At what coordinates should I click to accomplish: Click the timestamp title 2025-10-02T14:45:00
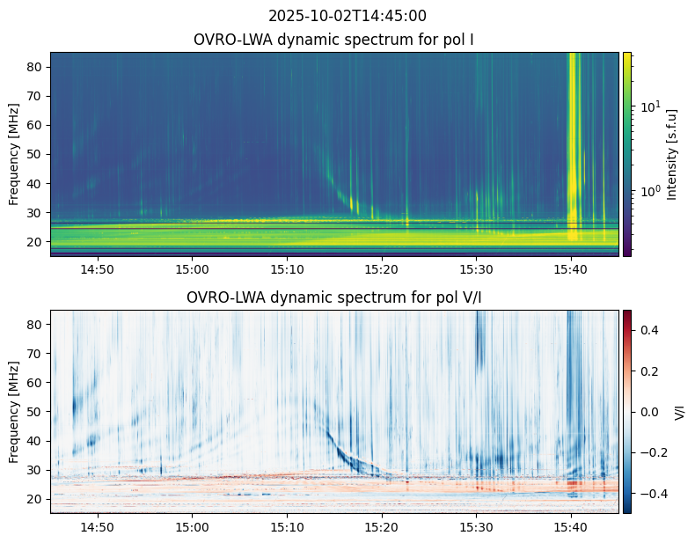(347, 16)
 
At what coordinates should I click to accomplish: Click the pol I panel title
(333, 40)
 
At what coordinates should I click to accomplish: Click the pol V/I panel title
(333, 297)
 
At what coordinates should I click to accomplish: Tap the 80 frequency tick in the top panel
(35, 67)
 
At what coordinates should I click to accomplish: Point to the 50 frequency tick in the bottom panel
(35, 412)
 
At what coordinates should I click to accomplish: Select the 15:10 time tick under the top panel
(287, 269)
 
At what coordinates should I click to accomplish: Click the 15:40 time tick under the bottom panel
(571, 527)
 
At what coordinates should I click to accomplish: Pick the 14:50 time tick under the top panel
(97, 269)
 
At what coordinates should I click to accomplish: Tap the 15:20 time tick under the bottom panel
(382, 527)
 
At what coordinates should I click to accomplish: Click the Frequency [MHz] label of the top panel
(14, 154)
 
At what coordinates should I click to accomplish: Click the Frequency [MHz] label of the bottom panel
(14, 412)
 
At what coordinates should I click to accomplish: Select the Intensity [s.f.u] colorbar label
(672, 154)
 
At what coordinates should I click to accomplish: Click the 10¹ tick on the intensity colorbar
(650, 106)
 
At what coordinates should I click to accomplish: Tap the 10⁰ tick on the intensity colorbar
(650, 192)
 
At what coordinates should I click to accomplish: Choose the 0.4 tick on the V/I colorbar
(649, 330)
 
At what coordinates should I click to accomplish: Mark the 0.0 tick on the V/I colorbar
(649, 412)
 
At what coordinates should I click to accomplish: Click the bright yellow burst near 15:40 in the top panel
(572, 146)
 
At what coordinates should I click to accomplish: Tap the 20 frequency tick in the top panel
(35, 242)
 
